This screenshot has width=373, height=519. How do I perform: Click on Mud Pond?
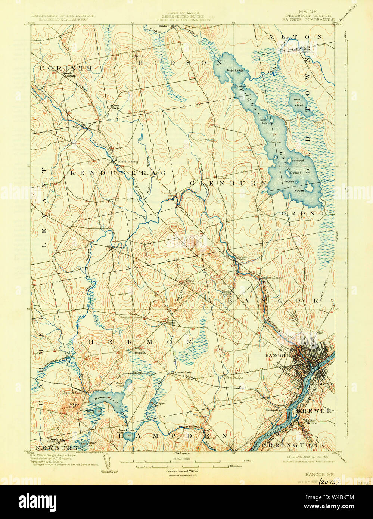point(299,102)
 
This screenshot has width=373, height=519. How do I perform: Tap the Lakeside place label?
point(274,143)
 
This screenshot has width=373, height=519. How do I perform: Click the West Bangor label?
point(234,377)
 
